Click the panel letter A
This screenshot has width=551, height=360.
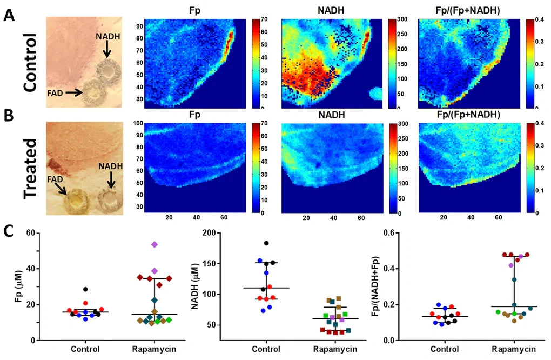click(9, 15)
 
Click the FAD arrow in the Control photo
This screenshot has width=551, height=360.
click(74, 93)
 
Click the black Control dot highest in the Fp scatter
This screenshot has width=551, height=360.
click(85, 290)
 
